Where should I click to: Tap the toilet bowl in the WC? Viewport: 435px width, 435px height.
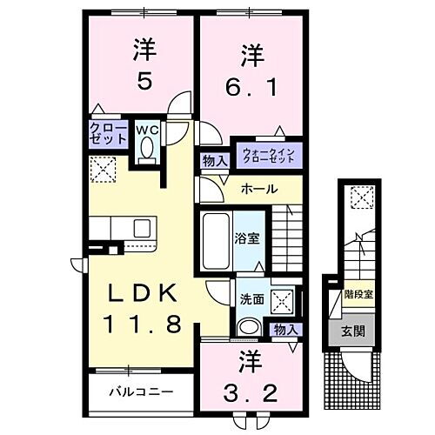(145, 154)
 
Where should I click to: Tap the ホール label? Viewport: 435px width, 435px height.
(258, 189)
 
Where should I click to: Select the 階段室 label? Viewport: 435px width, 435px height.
(358, 294)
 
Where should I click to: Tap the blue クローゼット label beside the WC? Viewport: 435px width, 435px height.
(105, 134)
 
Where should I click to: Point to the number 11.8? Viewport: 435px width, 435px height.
(144, 325)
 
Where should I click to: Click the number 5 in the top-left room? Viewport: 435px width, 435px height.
(144, 80)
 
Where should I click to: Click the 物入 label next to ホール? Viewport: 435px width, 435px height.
(213, 162)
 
